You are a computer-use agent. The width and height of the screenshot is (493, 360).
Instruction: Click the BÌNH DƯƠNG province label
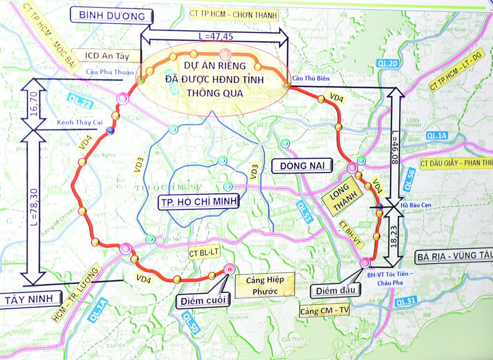coord(112,15)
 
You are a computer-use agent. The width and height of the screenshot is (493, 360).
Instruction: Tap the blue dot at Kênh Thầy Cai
coord(110,130)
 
